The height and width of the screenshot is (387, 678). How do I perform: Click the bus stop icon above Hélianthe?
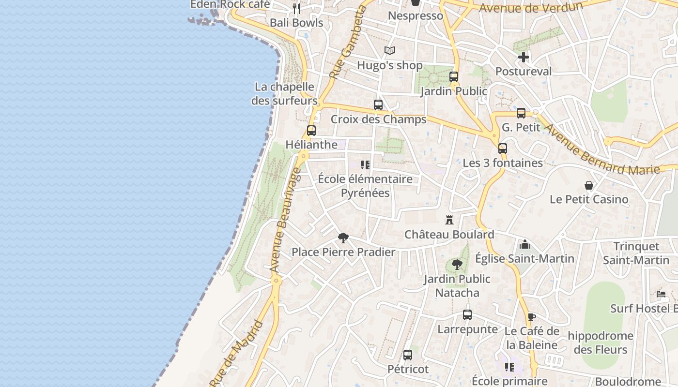pyautogui.click(x=311, y=131)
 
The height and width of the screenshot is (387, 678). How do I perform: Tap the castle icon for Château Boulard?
pyautogui.click(x=449, y=221)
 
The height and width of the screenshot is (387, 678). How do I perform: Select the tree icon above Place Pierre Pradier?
pyautogui.click(x=343, y=238)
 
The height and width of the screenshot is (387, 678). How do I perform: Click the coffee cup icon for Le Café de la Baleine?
pyautogui.click(x=531, y=317)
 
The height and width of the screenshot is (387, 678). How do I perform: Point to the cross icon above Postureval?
pyautogui.click(x=523, y=58)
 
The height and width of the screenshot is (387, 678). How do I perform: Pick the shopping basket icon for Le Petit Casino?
pyautogui.click(x=589, y=185)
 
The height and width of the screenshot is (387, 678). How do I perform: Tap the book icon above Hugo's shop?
pyautogui.click(x=390, y=51)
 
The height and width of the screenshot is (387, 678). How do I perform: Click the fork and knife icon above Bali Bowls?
pyautogui.click(x=296, y=9)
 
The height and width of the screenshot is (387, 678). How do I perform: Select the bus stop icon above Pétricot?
pyautogui.click(x=408, y=355)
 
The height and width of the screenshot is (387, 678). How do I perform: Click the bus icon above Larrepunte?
pyautogui.click(x=467, y=315)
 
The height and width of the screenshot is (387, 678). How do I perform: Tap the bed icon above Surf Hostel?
pyautogui.click(x=661, y=294)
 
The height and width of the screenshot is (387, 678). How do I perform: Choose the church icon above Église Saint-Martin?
pyautogui.click(x=524, y=244)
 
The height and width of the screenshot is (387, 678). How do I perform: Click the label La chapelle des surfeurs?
pyautogui.click(x=284, y=94)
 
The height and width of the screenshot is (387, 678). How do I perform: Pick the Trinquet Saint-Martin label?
pyautogui.click(x=636, y=253)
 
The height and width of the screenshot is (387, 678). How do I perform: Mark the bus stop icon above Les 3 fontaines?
pyautogui.click(x=503, y=149)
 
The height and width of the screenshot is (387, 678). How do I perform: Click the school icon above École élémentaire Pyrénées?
pyautogui.click(x=365, y=165)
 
